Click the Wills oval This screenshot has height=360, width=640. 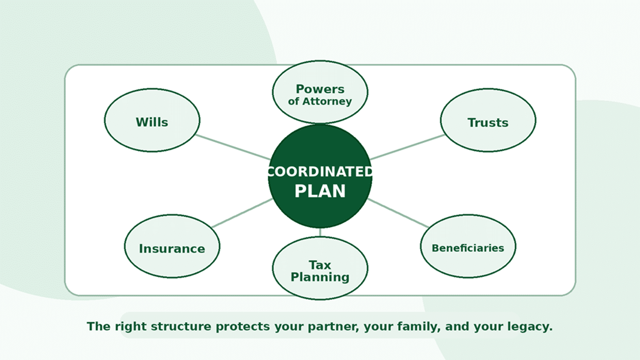coord(152,120)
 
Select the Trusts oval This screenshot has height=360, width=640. coord(488,120)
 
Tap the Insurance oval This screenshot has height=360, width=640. coord(172,246)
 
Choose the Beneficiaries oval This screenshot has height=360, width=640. coord(468,246)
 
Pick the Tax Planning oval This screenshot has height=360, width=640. coord(320,268)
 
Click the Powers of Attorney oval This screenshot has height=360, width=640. coord(320,92)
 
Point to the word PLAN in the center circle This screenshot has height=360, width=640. coord(320,191)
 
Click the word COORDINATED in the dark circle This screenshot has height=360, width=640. coord(320,172)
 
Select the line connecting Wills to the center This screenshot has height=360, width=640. coord(233,147)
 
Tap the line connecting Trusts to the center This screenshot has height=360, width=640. coord(407,147)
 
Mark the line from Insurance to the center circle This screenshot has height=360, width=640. coord(242,213)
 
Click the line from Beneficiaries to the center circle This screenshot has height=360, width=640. coord(398,213)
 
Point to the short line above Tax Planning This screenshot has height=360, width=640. coord(320,232)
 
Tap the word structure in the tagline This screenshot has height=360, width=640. coord(181,326)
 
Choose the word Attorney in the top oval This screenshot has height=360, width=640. coord(327,101)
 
